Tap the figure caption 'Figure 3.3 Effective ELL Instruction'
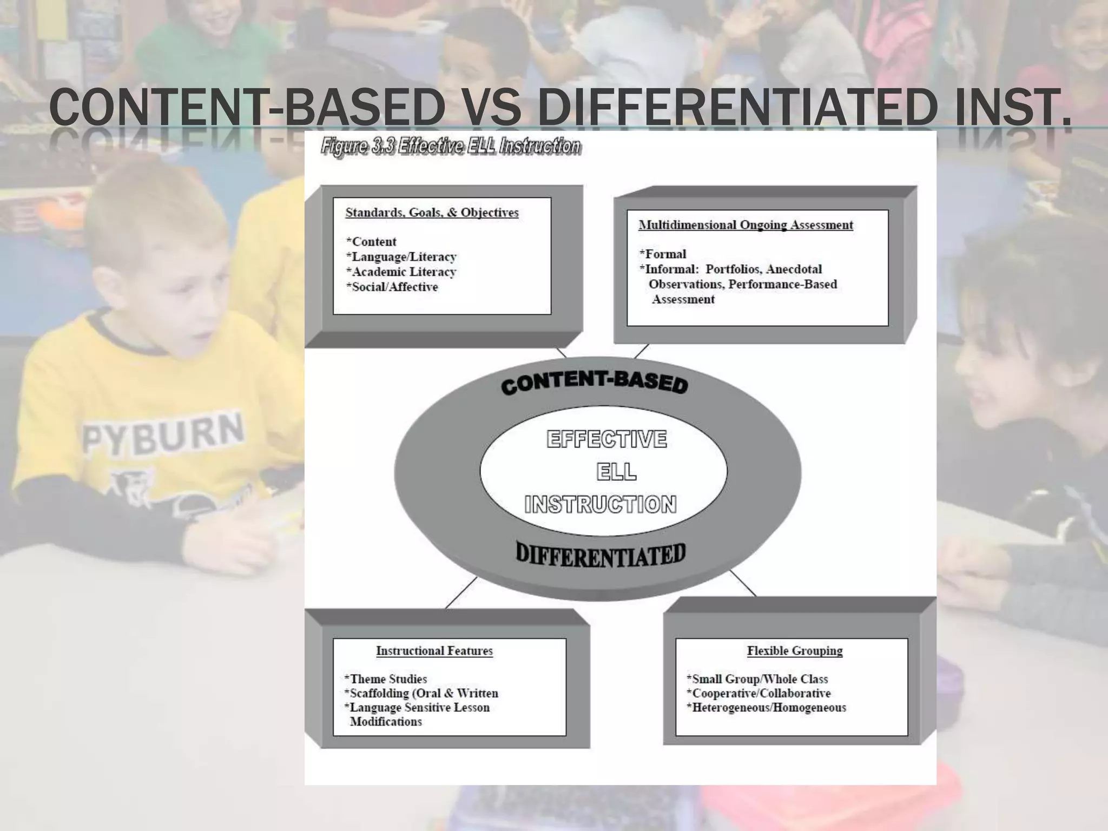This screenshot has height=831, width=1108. click(x=451, y=146)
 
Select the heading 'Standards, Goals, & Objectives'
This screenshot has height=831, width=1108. click(x=432, y=213)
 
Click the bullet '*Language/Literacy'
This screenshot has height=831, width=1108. click(x=401, y=257)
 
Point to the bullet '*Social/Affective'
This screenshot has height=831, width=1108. click(x=392, y=287)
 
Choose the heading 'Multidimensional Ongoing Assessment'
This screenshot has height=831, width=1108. click(x=746, y=225)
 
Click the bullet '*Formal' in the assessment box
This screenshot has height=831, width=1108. click(x=663, y=254)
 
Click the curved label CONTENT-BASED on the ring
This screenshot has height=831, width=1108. click(x=594, y=381)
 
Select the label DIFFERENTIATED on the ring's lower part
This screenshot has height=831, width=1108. click(x=601, y=555)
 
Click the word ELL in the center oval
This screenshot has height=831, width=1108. click(x=616, y=472)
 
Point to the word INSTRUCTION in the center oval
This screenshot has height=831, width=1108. click(x=601, y=504)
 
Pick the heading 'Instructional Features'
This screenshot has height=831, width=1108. click(x=434, y=651)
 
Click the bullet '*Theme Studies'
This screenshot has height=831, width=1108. click(x=386, y=679)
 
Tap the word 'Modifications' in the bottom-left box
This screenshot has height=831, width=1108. click(x=386, y=722)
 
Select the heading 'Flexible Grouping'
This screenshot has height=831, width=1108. click(x=795, y=651)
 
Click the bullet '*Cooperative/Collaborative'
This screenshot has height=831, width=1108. click(x=759, y=694)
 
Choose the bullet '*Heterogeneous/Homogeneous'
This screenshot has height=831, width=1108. click(x=766, y=708)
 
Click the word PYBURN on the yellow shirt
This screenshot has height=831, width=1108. click(x=163, y=432)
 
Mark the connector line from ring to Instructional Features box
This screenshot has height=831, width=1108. click(x=461, y=593)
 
